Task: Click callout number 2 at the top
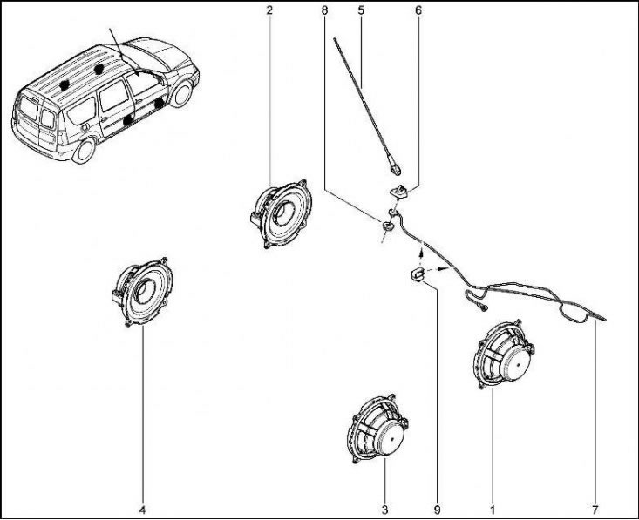[269, 10]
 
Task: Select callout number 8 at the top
[324, 10]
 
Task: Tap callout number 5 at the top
[361, 10]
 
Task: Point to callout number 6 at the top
[418, 10]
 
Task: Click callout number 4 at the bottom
[143, 510]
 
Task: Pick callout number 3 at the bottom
[384, 510]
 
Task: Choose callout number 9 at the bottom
[438, 510]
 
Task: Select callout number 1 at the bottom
[493, 510]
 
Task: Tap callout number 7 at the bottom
[595, 510]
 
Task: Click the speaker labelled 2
[282, 213]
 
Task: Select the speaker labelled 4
[142, 292]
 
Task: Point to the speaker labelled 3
[377, 429]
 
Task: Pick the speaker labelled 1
[505, 354]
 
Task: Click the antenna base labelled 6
[399, 191]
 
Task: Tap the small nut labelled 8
[387, 225]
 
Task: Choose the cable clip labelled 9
[416, 274]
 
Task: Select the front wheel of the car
[180, 94]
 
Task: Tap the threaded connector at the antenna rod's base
[395, 168]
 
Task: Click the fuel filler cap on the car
[85, 127]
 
